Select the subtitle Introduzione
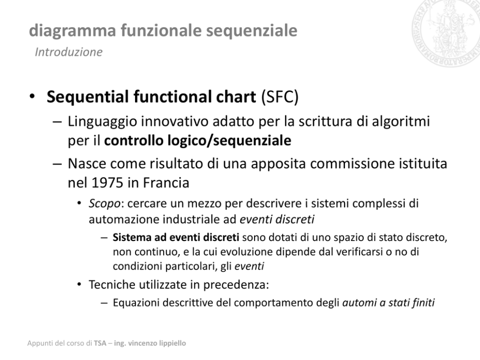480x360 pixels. (69, 52)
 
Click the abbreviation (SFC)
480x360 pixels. (280, 97)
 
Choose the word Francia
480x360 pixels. (166, 183)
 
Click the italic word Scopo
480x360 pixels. (105, 204)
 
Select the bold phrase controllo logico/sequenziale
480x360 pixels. (198, 141)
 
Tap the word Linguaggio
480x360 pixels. (102, 122)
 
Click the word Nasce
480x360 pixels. (87, 164)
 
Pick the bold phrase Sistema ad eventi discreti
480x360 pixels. (176, 238)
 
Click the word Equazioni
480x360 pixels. (136, 303)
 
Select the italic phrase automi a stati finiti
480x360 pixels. (388, 303)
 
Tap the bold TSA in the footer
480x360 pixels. (100, 343)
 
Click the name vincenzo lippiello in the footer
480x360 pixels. (157, 344)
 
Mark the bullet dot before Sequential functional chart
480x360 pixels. (32, 96)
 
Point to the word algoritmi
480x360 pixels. (401, 122)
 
